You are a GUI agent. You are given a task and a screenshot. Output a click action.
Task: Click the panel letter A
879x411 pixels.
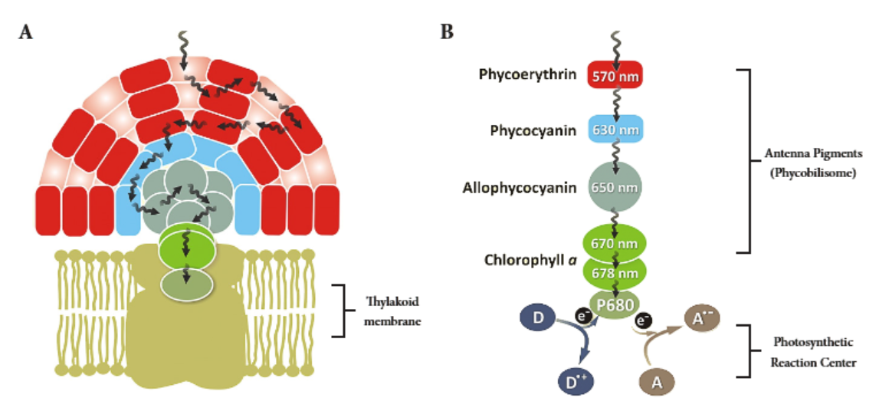(26, 31)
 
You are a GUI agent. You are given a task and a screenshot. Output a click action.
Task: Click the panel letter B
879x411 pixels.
(448, 31)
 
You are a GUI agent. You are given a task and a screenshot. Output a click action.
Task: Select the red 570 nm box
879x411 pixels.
(615, 75)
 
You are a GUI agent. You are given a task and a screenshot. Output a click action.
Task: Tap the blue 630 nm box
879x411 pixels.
(615, 130)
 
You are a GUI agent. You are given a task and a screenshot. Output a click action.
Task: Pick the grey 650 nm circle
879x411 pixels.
(615, 187)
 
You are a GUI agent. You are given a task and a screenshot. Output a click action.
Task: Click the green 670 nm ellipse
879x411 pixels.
(615, 243)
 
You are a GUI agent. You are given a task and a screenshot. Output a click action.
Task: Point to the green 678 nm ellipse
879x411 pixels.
(615, 271)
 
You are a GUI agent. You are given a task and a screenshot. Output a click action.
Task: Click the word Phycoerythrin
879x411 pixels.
(527, 74)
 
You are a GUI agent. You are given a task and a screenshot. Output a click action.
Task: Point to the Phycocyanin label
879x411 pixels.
(533, 130)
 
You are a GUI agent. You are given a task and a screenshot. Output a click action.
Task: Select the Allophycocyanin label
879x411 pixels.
(520, 188)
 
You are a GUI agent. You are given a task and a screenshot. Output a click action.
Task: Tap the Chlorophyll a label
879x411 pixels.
(528, 259)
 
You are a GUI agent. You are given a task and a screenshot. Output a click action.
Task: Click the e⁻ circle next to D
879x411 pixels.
(582, 314)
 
